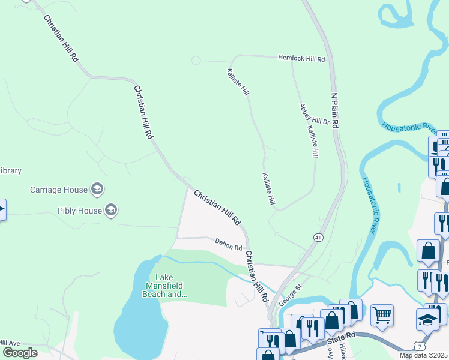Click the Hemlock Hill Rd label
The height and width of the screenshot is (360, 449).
pyautogui.click(x=301, y=59)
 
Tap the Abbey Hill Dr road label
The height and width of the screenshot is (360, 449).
pyautogui.click(x=315, y=114)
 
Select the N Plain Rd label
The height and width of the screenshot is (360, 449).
pyautogui.click(x=336, y=110)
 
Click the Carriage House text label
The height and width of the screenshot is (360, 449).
pyautogui.click(x=59, y=190)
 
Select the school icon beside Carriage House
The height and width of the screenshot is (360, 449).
pyautogui.click(x=97, y=190)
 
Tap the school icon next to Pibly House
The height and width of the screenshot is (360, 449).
pyautogui.click(x=110, y=210)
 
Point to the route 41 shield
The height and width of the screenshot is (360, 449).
pyautogui.click(x=316, y=238)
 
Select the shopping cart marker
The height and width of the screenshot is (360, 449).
pyautogui.click(x=382, y=314)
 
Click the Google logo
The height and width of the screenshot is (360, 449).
pyautogui.click(x=20, y=353)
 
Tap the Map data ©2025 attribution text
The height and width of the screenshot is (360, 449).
pyautogui.click(x=423, y=355)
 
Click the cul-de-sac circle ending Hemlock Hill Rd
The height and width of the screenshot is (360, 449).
pyautogui.click(x=196, y=60)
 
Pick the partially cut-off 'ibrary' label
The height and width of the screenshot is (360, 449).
pyautogui.click(x=11, y=170)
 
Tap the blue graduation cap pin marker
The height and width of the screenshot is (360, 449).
pyautogui.click(x=427, y=320)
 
